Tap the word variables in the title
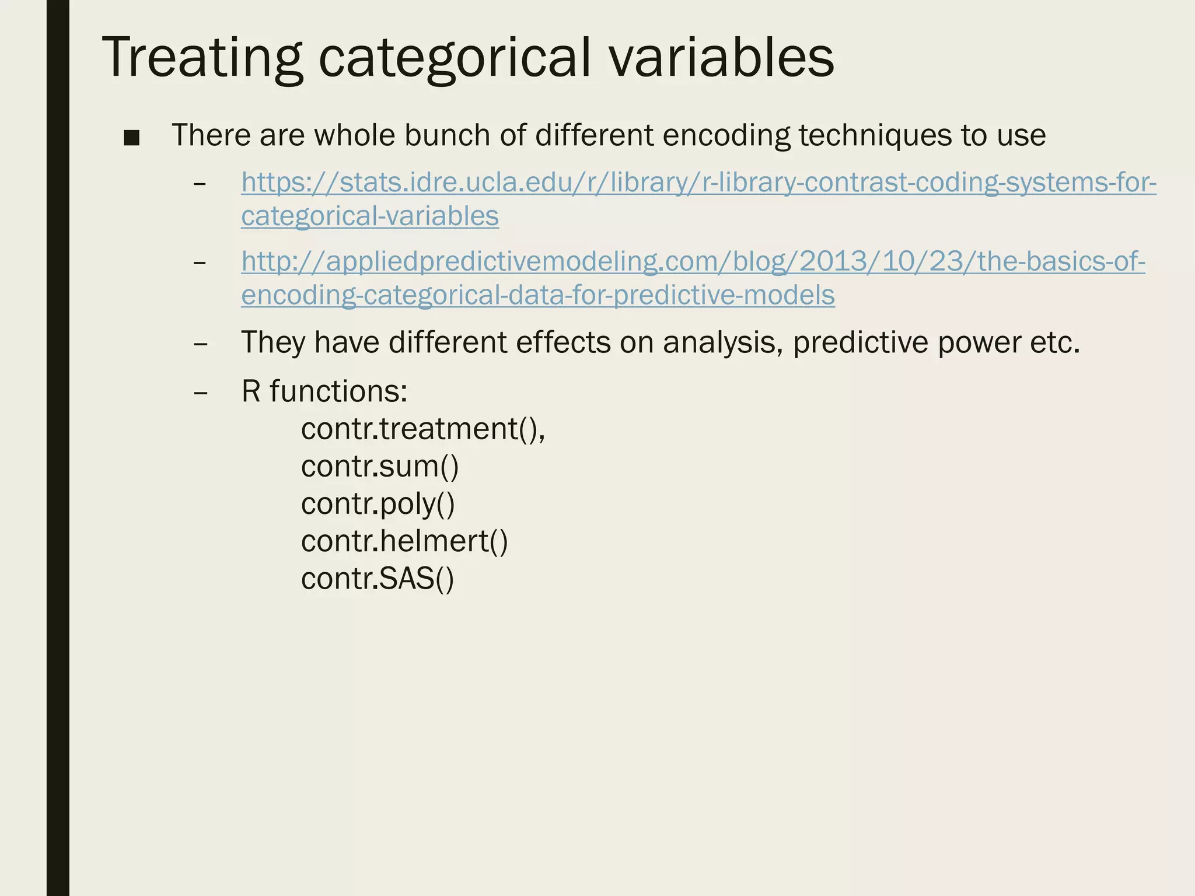click(x=722, y=57)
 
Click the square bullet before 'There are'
click(x=132, y=138)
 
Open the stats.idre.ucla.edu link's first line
click(x=698, y=183)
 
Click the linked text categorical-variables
click(x=370, y=216)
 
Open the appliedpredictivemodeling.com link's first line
click(x=693, y=262)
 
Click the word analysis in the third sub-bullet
click(x=723, y=343)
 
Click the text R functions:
click(x=324, y=391)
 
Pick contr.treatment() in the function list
click(x=422, y=429)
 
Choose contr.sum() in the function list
click(x=380, y=467)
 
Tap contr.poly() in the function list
click(x=378, y=504)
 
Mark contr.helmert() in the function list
click(x=404, y=541)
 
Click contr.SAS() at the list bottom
click(x=377, y=579)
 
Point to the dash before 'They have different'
click(x=200, y=343)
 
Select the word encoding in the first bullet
click(x=726, y=135)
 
